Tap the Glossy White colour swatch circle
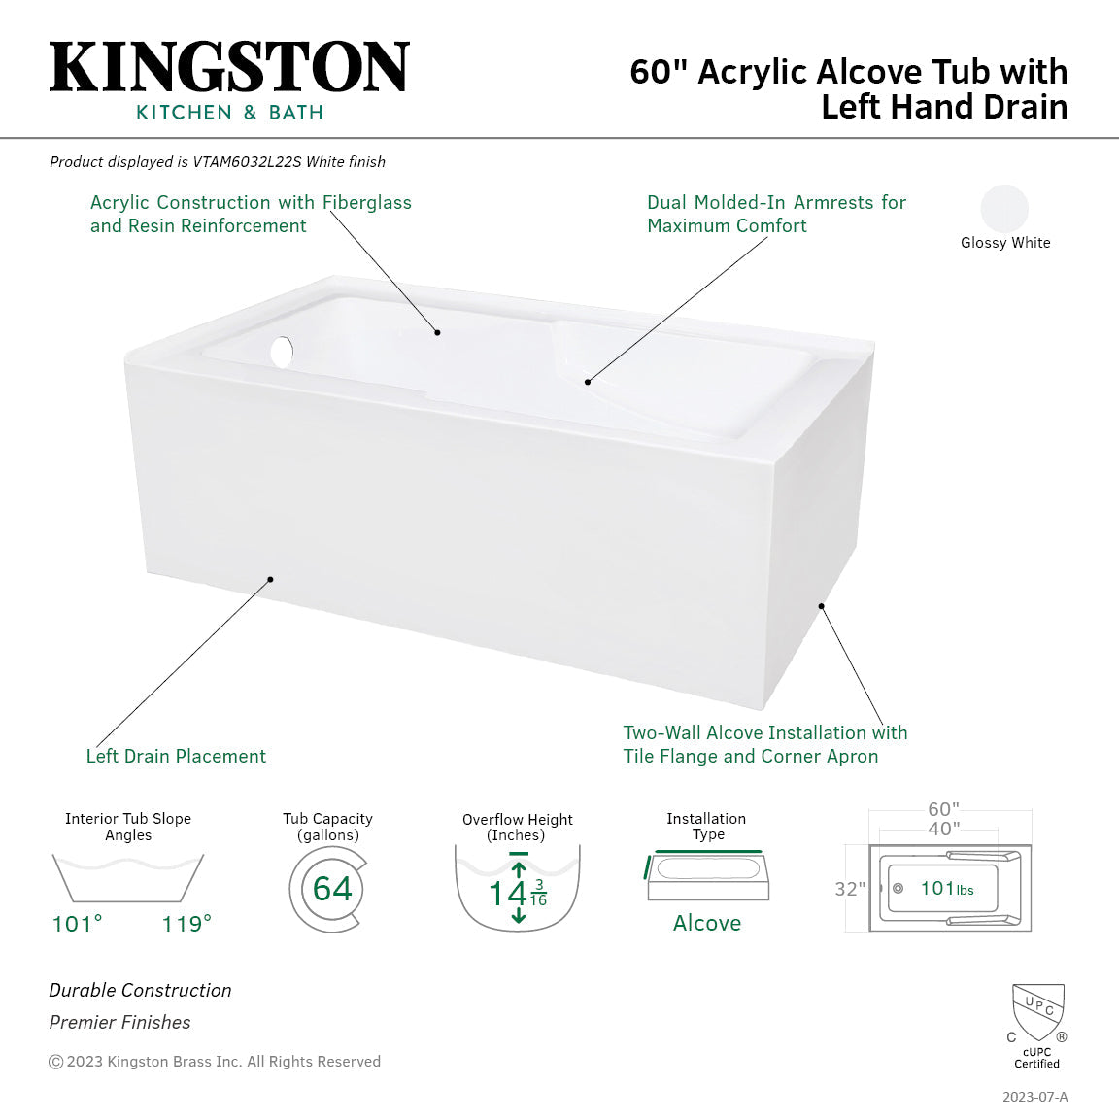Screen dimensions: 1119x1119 1004,209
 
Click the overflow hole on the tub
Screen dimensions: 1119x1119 282,352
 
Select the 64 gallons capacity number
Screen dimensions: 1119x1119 332,889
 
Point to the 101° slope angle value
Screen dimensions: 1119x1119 78,924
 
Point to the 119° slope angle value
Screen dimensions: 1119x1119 186,924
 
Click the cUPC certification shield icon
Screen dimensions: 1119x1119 1037,1012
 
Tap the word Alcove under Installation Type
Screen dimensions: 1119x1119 707,923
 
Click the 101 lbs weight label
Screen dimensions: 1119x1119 946,889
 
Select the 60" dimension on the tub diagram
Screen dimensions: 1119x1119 942,809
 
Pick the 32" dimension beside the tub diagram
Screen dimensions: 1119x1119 849,889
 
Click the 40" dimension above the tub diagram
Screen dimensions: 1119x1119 942,829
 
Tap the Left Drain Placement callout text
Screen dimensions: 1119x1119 176,756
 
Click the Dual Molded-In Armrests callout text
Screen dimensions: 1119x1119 776,214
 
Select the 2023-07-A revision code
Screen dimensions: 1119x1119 1034,1097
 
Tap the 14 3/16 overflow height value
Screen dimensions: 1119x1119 517,893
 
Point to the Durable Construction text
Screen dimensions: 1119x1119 141,990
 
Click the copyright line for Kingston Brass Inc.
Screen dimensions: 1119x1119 215,1062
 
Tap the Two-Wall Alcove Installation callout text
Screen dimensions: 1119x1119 764,744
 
